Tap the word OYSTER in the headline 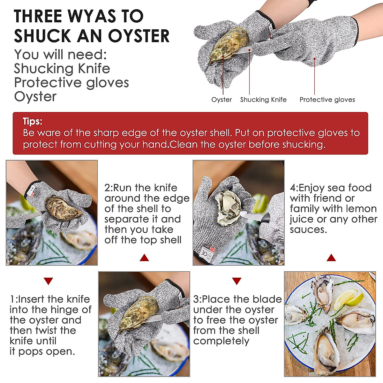139,36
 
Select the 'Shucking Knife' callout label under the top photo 263,100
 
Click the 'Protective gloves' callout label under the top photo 327,100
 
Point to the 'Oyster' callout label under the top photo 222,100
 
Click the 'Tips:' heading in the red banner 32,121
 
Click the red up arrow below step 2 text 144,258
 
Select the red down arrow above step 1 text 48,281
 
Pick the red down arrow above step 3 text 237,281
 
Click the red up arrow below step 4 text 331,258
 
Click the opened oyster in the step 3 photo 228,207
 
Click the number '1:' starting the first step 13,299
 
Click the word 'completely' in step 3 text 221,341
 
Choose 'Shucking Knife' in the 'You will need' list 62,68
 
